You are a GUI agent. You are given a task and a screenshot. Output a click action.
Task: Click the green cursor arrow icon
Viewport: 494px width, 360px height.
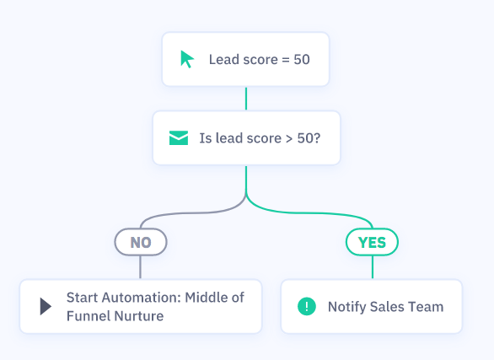[187, 59]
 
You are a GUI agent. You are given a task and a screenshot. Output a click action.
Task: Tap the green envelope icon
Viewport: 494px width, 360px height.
[179, 138]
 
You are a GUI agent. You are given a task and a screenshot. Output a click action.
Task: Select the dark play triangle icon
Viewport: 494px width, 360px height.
[46, 306]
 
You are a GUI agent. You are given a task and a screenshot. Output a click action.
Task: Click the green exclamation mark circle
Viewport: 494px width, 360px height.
[307, 306]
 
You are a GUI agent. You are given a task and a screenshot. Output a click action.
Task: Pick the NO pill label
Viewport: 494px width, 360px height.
[141, 242]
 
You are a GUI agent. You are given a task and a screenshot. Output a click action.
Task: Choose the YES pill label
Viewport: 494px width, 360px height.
[372, 242]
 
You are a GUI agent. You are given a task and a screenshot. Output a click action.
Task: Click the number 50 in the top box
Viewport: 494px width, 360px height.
[302, 60]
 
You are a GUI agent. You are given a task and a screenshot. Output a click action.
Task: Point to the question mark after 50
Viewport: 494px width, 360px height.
[317, 138]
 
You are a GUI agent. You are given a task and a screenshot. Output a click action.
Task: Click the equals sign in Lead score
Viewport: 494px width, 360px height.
[286, 60]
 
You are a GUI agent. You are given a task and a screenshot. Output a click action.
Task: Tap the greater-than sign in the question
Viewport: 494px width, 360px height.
[289, 139]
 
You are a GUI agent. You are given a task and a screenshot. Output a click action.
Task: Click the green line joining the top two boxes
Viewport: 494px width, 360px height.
[246, 99]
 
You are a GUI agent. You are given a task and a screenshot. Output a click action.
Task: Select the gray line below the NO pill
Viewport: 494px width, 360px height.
[140, 267]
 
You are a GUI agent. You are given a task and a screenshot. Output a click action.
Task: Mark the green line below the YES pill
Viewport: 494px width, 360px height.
[373, 267]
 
